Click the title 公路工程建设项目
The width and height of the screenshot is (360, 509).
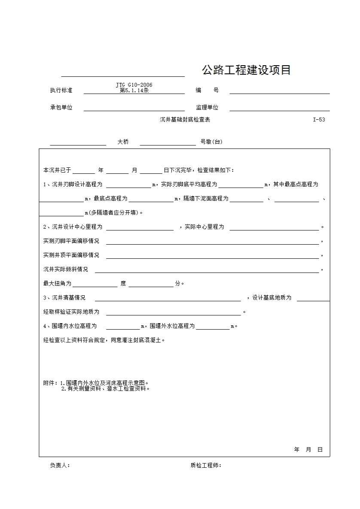(x=246, y=70)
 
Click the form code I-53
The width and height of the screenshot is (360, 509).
(x=319, y=120)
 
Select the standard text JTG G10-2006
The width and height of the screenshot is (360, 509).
(x=134, y=85)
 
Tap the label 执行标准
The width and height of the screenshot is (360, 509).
(x=61, y=91)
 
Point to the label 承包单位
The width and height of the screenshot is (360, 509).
(x=61, y=108)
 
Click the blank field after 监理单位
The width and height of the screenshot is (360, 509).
(x=279, y=107)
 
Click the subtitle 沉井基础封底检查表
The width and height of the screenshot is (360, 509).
(x=185, y=120)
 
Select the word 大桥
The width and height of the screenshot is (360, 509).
(x=123, y=142)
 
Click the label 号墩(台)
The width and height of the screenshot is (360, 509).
(x=211, y=142)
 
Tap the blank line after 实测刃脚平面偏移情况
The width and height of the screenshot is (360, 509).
(x=212, y=241)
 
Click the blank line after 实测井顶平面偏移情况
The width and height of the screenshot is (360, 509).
(x=212, y=255)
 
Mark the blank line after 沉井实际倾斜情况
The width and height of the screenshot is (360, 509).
(x=207, y=269)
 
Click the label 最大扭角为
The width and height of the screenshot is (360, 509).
(x=57, y=284)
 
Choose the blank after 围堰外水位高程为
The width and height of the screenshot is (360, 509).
(x=213, y=326)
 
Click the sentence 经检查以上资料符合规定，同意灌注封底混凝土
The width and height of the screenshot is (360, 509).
(x=104, y=340)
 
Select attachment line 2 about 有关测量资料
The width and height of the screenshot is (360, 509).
(x=106, y=389)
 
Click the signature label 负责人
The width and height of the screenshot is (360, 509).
(x=60, y=466)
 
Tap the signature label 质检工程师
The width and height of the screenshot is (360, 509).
(x=206, y=466)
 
